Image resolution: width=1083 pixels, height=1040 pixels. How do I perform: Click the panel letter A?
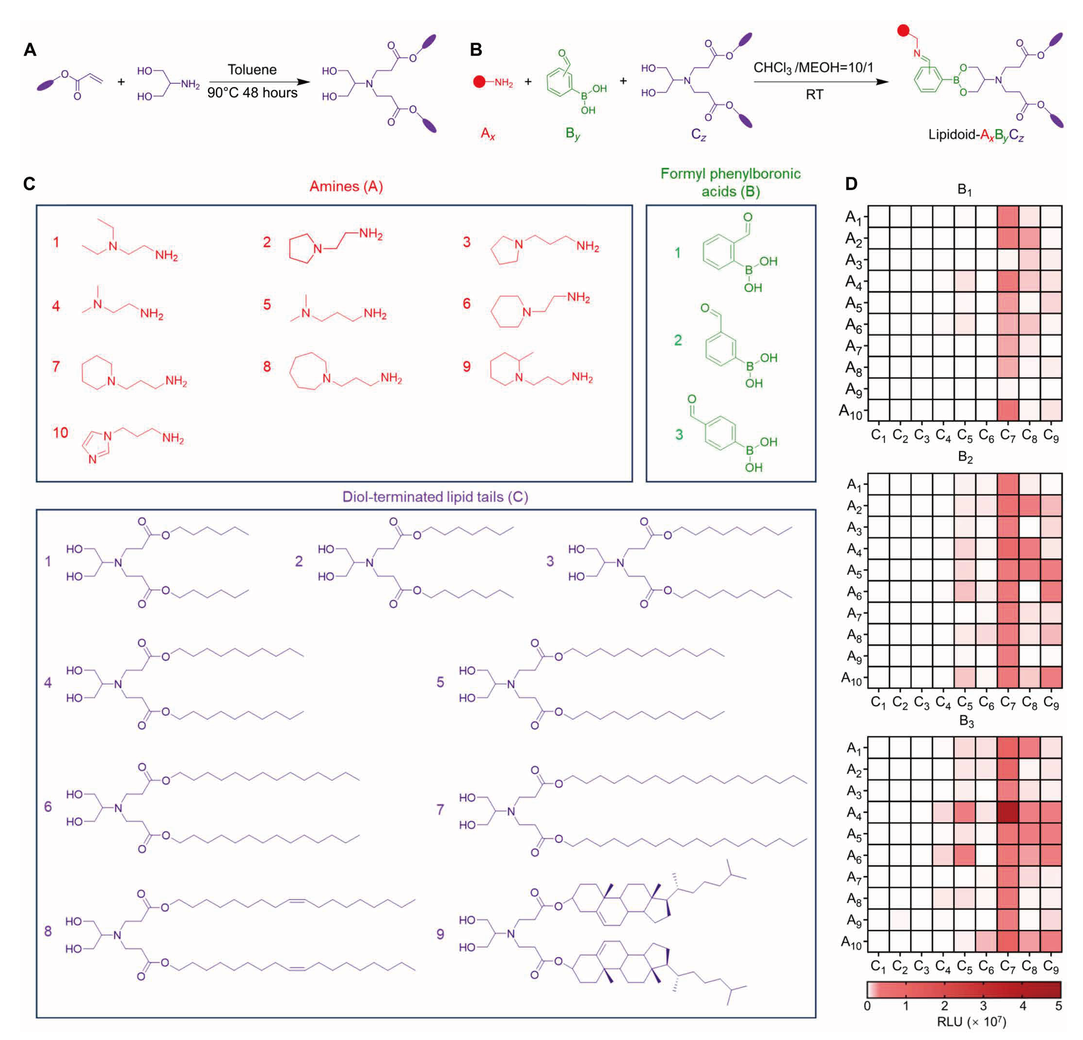click(30, 50)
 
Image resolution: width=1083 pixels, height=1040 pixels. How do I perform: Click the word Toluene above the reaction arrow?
click(252, 70)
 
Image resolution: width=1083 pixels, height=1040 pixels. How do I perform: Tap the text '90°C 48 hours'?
click(253, 92)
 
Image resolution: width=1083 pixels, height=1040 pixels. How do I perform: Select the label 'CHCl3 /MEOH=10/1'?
click(814, 68)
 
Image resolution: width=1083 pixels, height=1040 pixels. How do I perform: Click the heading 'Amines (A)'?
click(346, 186)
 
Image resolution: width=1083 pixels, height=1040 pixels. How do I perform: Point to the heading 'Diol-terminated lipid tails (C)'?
click(435, 497)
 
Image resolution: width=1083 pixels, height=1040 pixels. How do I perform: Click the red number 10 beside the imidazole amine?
click(60, 432)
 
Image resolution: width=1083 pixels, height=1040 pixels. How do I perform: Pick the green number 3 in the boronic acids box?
click(679, 435)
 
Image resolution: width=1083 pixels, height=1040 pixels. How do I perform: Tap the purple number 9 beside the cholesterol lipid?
click(440, 934)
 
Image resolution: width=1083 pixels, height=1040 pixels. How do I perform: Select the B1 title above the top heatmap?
click(965, 190)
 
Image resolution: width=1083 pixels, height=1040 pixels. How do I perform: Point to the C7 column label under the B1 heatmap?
click(1008, 436)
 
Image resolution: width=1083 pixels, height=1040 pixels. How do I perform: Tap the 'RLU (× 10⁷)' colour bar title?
click(972, 1022)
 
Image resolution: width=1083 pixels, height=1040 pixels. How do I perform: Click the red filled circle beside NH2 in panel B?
click(479, 82)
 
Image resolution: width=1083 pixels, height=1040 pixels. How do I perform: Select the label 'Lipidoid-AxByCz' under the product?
click(976, 135)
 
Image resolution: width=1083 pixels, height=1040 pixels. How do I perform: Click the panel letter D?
click(851, 184)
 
